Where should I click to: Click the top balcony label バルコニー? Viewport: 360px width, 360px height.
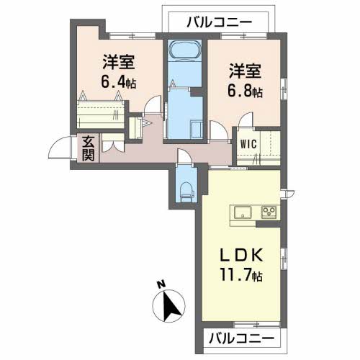(219, 22)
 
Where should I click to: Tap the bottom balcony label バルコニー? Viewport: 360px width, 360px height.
(241, 338)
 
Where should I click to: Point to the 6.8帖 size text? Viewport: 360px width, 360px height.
(244, 91)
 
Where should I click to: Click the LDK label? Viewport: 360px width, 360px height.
(240, 255)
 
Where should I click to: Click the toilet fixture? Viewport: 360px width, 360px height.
(186, 190)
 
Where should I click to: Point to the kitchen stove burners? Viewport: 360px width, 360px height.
(269, 212)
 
